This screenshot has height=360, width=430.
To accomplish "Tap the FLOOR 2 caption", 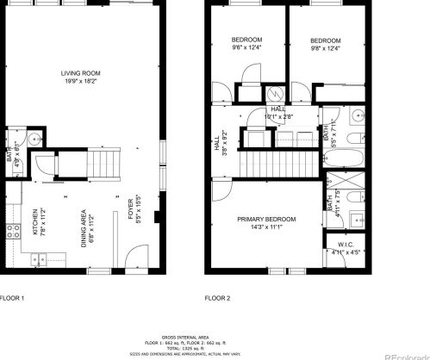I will point(217,298).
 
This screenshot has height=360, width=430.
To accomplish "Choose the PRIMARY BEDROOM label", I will point(266,220).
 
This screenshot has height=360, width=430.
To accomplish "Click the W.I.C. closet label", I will point(346,245).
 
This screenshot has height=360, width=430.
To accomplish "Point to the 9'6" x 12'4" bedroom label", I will point(246,40).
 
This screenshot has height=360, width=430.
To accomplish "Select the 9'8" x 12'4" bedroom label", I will point(325,40).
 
